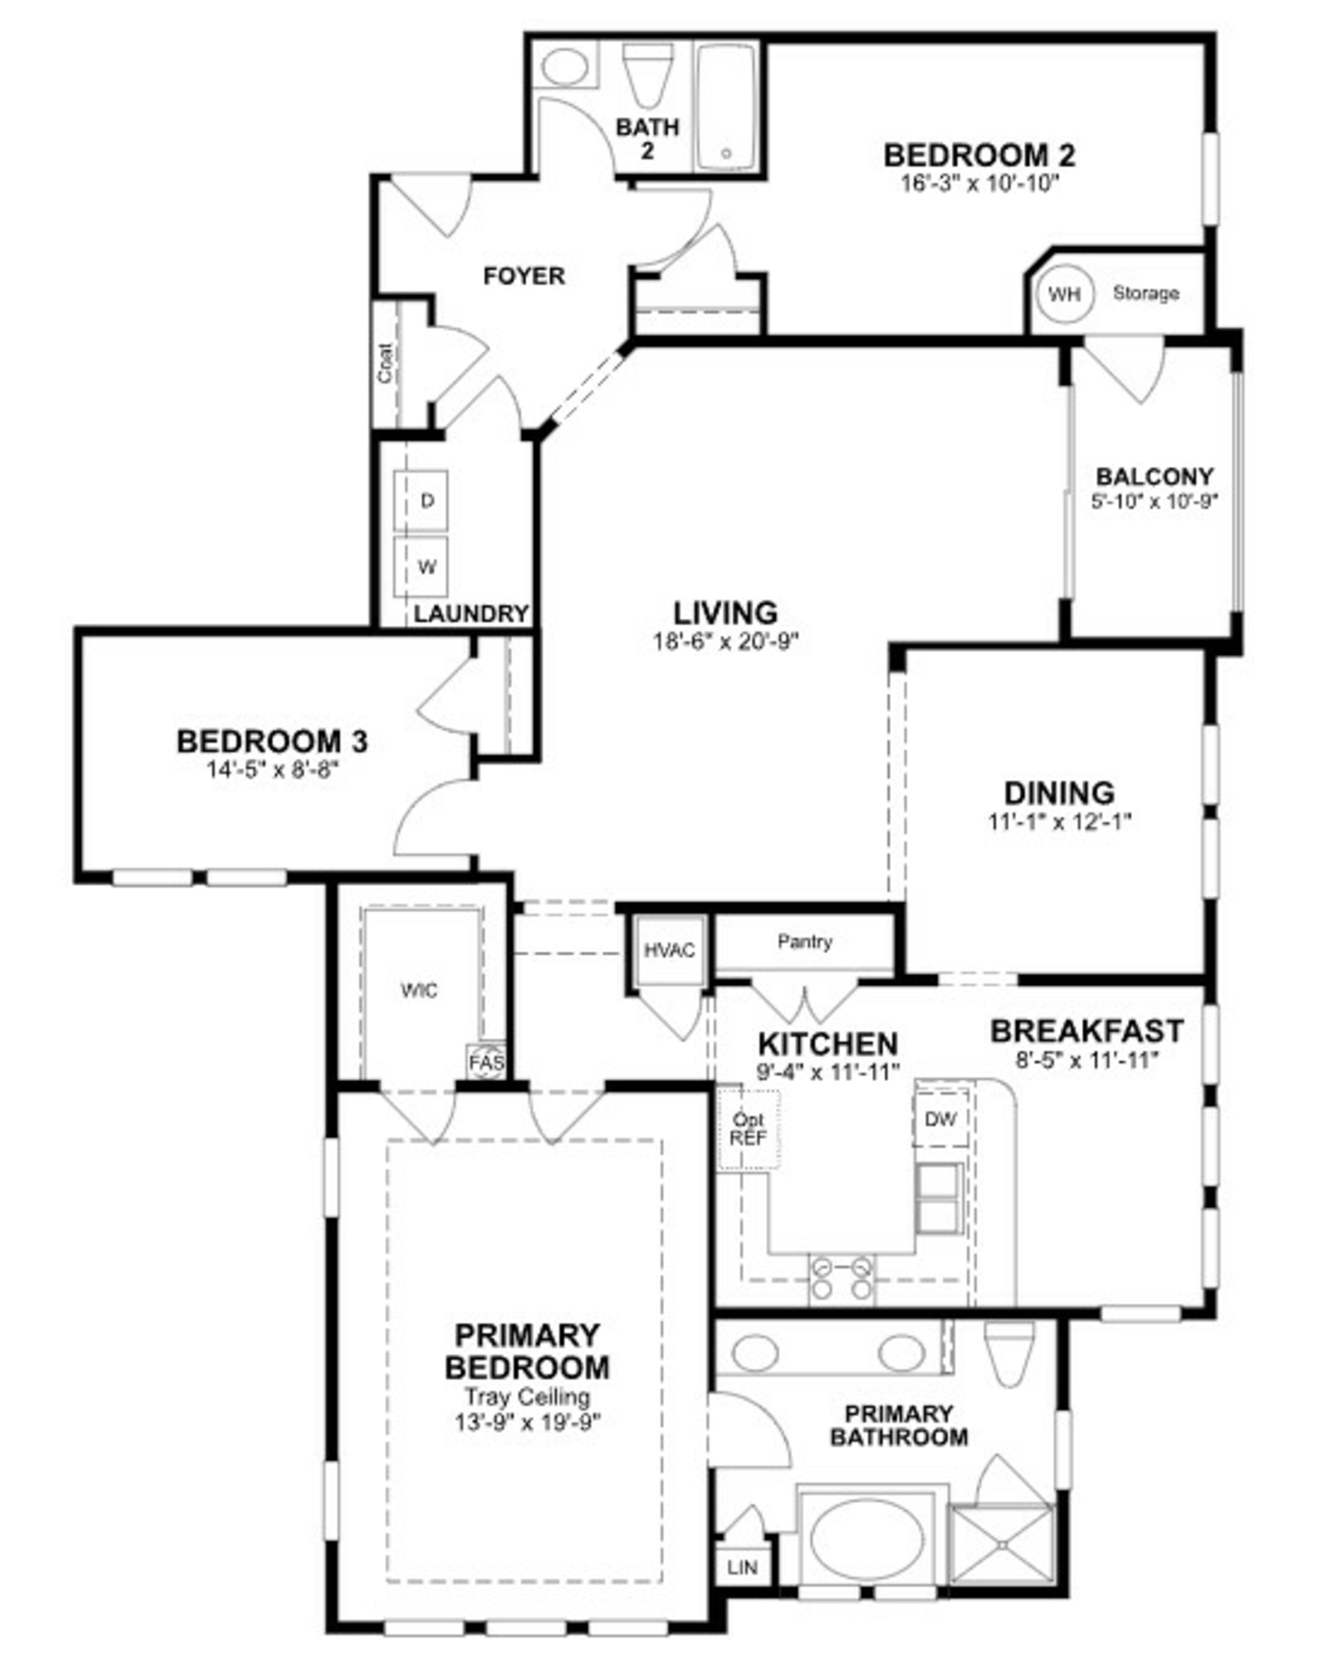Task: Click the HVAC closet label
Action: click(x=669, y=950)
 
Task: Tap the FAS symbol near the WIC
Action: click(x=487, y=1062)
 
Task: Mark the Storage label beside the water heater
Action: click(x=1145, y=293)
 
